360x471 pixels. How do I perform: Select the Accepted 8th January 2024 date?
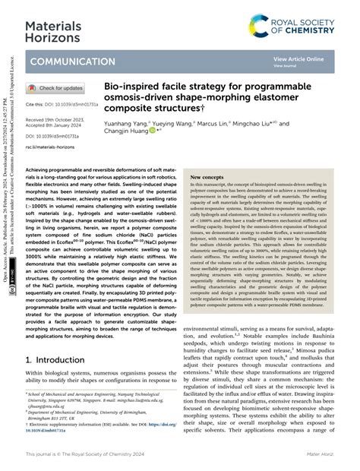pos(57,125)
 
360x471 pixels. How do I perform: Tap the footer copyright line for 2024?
pos(94,455)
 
